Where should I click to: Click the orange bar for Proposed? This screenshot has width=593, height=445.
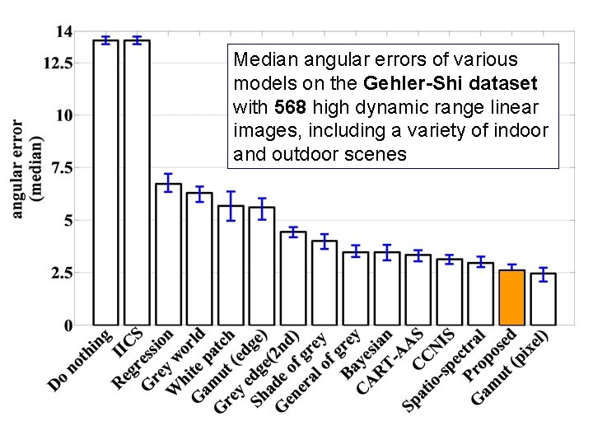pyautogui.click(x=511, y=297)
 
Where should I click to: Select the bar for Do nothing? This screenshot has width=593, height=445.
pyautogui.click(x=105, y=181)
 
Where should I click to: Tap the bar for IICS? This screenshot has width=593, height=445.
pyautogui.click(x=137, y=181)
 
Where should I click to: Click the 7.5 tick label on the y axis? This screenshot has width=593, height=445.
pyautogui.click(x=63, y=168)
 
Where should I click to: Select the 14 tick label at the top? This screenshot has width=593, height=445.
pyautogui.click(x=63, y=31)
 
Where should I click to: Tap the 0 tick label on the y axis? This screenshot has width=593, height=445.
pyautogui.click(x=69, y=326)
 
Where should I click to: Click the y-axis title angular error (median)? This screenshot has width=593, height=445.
pyautogui.click(x=26, y=169)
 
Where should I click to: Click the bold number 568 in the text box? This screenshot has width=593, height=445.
pyautogui.click(x=289, y=107)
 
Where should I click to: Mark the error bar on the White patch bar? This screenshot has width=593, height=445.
pyautogui.click(x=231, y=206)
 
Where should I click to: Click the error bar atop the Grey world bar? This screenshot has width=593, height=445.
pyautogui.click(x=199, y=194)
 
